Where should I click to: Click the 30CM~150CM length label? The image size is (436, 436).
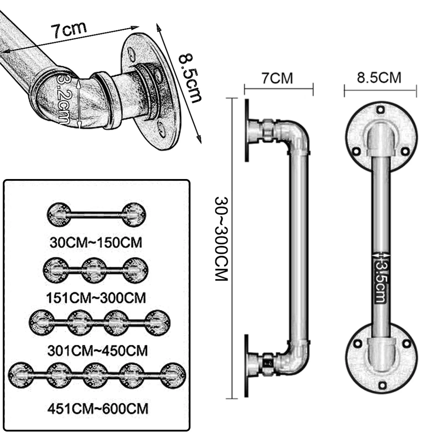[96, 242]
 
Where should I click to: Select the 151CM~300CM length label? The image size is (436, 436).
[96, 298]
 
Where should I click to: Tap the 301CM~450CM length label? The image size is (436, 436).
[97, 351]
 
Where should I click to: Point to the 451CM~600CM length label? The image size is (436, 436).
[98, 409]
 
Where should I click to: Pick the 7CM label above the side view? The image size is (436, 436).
[277, 78]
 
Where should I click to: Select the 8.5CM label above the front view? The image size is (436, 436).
[379, 77]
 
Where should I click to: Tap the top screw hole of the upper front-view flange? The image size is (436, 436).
[380, 109]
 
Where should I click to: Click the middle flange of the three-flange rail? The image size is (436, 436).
[94, 270]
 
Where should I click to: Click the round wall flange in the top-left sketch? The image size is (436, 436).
[148, 92]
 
